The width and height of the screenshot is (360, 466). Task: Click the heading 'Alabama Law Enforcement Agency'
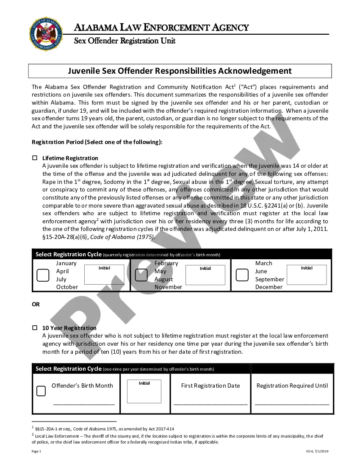click(x=161, y=28)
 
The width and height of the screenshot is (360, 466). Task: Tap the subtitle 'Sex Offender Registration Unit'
click(x=125, y=41)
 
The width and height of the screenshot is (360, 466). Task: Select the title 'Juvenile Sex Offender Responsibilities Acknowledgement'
click(x=180, y=71)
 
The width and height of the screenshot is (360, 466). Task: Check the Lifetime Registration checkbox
click(x=35, y=158)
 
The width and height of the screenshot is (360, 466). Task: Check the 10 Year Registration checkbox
click(x=35, y=328)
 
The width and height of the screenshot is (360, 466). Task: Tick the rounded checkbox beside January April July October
click(x=43, y=275)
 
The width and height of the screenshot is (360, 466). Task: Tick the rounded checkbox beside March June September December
click(x=242, y=275)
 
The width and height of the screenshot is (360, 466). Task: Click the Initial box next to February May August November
click(x=205, y=275)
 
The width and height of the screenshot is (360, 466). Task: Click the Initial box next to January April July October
click(x=104, y=275)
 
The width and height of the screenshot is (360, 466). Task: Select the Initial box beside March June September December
click(x=307, y=275)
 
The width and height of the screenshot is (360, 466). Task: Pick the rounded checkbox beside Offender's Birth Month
click(x=41, y=391)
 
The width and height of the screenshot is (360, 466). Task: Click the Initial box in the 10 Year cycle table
click(x=144, y=391)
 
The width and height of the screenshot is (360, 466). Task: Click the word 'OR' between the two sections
click(x=36, y=304)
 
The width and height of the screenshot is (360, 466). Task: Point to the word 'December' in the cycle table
click(x=269, y=287)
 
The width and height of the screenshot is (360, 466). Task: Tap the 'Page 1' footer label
click(x=36, y=452)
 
